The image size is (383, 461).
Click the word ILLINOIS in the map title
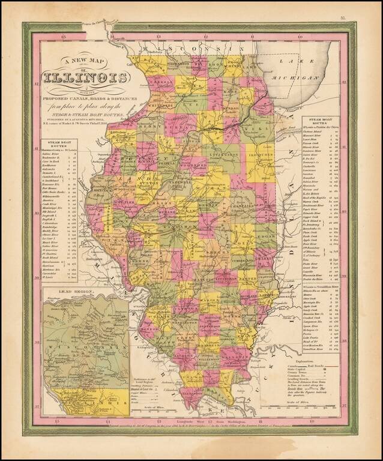85,78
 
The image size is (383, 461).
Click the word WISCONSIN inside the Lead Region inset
84,348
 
